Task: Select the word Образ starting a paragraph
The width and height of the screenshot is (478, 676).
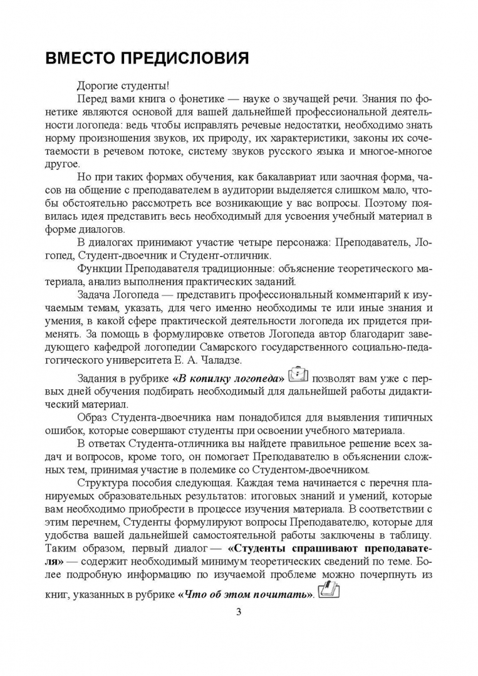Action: tap(93, 416)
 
